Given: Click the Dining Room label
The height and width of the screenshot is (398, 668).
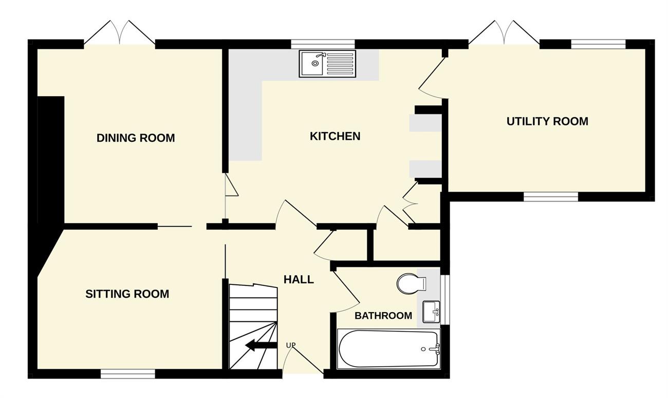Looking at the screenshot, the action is click(136, 138).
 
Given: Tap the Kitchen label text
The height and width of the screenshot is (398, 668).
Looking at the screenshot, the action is click(335, 136).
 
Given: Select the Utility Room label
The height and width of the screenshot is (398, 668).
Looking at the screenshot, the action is click(547, 121).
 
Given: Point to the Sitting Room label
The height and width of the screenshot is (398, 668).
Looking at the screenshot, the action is click(127, 294).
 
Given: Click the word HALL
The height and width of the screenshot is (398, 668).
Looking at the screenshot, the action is click(299, 280).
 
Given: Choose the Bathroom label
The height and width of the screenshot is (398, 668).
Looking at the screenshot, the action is click(383, 316).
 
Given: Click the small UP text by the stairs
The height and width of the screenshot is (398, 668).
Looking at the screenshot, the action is click(291, 345).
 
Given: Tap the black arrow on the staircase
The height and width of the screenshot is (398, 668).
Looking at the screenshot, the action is click(261, 346).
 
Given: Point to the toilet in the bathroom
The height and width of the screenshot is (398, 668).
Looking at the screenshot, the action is click(411, 284).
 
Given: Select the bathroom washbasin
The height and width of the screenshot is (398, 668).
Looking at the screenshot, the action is click(431, 312).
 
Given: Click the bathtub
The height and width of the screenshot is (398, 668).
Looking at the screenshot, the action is click(388, 349).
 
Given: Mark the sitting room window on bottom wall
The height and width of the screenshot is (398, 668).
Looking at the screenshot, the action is click(127, 374).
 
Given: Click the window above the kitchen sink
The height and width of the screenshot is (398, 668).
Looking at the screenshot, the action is click(323, 44).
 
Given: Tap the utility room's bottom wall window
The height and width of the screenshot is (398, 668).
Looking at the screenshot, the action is click(551, 197).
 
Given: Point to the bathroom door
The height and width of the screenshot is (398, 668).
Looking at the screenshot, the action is click(346, 291).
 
